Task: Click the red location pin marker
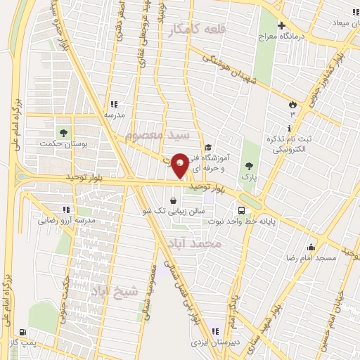pyautogui.click(x=179, y=164)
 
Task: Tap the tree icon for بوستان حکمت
pyautogui.click(x=64, y=131)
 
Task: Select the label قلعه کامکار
pyautogui.click(x=195, y=28)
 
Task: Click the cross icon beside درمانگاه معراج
pyautogui.click(x=281, y=25)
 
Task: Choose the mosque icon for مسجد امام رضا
pyautogui.click(x=311, y=247)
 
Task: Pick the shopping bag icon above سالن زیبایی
pyautogui.click(x=173, y=200)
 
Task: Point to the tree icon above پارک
pyautogui.click(x=247, y=166)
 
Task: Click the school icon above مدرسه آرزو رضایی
pyautogui.click(x=66, y=210)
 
